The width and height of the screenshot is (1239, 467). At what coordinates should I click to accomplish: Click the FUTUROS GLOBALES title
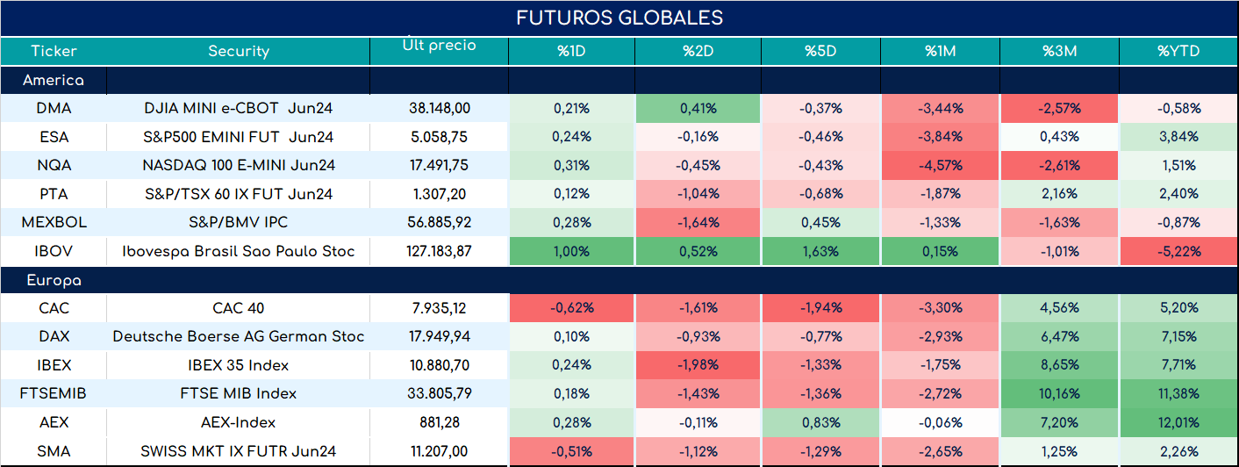coord(619,18)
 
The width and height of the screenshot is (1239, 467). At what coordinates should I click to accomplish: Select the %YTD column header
coord(1178,51)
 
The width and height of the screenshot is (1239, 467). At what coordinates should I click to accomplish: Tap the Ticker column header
coord(54,51)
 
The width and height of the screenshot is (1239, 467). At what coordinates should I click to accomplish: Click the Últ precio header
coord(440,44)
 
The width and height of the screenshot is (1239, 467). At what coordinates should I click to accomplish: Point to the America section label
coord(54,80)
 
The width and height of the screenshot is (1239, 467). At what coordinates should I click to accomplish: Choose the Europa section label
coord(54,281)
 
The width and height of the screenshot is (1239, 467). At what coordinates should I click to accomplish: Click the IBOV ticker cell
coord(54,251)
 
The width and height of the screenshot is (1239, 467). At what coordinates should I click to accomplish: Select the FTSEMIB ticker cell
coord(54,393)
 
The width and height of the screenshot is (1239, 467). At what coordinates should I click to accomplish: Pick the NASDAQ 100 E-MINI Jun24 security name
coord(239,165)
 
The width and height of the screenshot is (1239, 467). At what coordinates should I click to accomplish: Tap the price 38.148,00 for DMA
coord(440,108)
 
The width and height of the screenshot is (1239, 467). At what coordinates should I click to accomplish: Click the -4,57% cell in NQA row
coord(941,165)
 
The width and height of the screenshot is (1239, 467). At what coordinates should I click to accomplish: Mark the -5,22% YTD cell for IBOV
coord(1178,251)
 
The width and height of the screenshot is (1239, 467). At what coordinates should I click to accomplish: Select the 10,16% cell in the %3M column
coord(1059,393)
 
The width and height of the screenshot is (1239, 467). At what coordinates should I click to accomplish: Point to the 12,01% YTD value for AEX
coord(1178,422)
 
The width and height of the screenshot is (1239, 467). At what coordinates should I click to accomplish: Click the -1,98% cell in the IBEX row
coord(698,364)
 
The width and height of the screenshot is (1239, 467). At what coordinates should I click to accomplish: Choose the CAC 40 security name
coord(239,307)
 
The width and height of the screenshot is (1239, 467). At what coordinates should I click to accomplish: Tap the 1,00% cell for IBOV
coord(571,251)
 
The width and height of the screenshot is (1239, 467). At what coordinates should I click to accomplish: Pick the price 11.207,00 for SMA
coord(440,451)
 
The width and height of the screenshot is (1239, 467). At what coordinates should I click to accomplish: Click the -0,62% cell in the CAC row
coord(571,307)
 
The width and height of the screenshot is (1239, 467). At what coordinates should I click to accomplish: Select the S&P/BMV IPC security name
coord(239,222)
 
